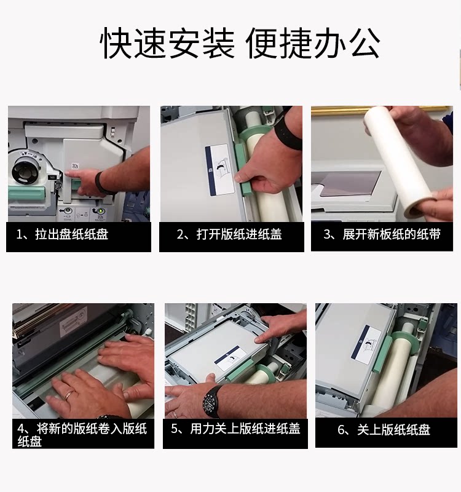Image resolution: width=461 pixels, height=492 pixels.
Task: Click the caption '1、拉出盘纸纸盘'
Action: pos(63,234)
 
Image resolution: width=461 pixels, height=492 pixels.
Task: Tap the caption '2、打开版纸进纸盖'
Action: pos(229,234)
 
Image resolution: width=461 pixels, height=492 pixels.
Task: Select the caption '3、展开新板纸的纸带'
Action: pos(382,234)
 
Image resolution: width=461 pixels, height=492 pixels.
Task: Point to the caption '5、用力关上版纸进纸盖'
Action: pos(235,429)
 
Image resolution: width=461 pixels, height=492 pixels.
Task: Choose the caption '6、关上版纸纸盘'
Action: pos(384,429)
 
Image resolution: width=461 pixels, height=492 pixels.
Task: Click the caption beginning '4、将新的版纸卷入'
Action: pos(82,435)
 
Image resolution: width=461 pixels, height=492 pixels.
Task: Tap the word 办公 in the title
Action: pos(347,43)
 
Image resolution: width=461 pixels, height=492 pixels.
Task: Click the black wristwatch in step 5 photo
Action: pos(212,402)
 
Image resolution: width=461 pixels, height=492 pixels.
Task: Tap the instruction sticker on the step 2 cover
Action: pos(220,170)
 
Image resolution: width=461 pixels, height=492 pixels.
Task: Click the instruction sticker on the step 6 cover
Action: pos(366,345)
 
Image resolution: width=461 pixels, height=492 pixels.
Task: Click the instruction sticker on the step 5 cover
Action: pos(230,359)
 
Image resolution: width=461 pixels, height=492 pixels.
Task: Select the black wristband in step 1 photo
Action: pos(100,183)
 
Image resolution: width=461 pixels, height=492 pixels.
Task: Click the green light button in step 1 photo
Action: pos(100,212)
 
